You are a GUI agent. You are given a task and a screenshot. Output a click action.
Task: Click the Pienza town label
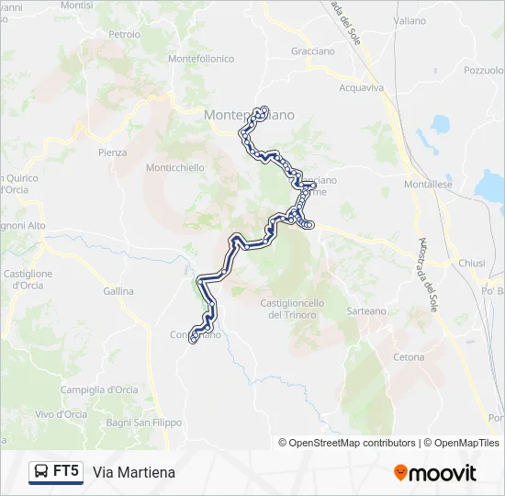pyautogui.click(x=112, y=152)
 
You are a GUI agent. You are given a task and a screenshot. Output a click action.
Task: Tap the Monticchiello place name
pyautogui.click(x=175, y=168)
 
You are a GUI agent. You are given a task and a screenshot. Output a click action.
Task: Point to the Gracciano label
pyautogui.click(x=313, y=51)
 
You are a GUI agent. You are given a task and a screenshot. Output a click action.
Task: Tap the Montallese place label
pyautogui.click(x=429, y=185)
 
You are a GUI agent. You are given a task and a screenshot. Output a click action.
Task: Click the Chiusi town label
pyautogui.click(x=471, y=263)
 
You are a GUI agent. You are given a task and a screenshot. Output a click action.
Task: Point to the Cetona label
pyautogui.click(x=409, y=356)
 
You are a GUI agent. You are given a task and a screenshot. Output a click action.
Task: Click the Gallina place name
pyautogui.click(x=118, y=291)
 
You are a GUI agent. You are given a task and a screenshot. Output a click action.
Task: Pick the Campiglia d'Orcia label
pyautogui.click(x=99, y=389)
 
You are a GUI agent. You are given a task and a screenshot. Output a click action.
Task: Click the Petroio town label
pyautogui.click(x=124, y=35)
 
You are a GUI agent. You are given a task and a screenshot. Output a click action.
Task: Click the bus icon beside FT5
pyautogui.click(x=41, y=472)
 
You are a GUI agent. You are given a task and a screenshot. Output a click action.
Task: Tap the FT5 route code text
pyautogui.click(x=66, y=472)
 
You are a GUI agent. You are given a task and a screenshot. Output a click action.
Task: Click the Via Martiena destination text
pyautogui.click(x=134, y=472)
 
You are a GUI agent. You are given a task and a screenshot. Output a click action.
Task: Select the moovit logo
pyautogui.click(x=435, y=472)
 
